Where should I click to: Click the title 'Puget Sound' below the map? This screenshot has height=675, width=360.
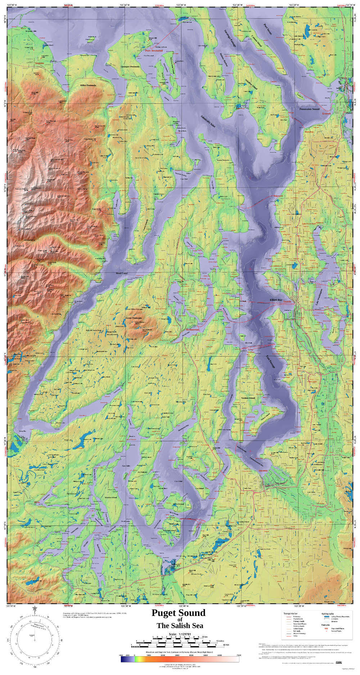click(178, 613)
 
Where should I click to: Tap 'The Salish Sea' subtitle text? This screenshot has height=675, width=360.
click(180, 625)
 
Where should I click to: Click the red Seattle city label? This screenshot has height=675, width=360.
click(287, 301)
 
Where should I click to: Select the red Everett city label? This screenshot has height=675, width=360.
click(326, 113)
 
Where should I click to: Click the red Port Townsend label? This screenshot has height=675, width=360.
click(154, 51)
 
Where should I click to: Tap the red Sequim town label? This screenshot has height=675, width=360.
click(39, 63)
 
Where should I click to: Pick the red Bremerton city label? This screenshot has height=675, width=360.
click(192, 330)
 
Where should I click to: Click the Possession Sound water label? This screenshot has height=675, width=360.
click(309, 109)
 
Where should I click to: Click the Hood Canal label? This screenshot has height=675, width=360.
click(122, 273)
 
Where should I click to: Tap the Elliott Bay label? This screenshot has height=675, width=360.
click(276, 300)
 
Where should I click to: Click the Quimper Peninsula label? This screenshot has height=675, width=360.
click(130, 67)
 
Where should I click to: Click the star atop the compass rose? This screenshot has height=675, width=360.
click(35, 608)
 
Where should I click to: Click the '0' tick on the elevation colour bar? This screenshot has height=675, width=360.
click(134, 655)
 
